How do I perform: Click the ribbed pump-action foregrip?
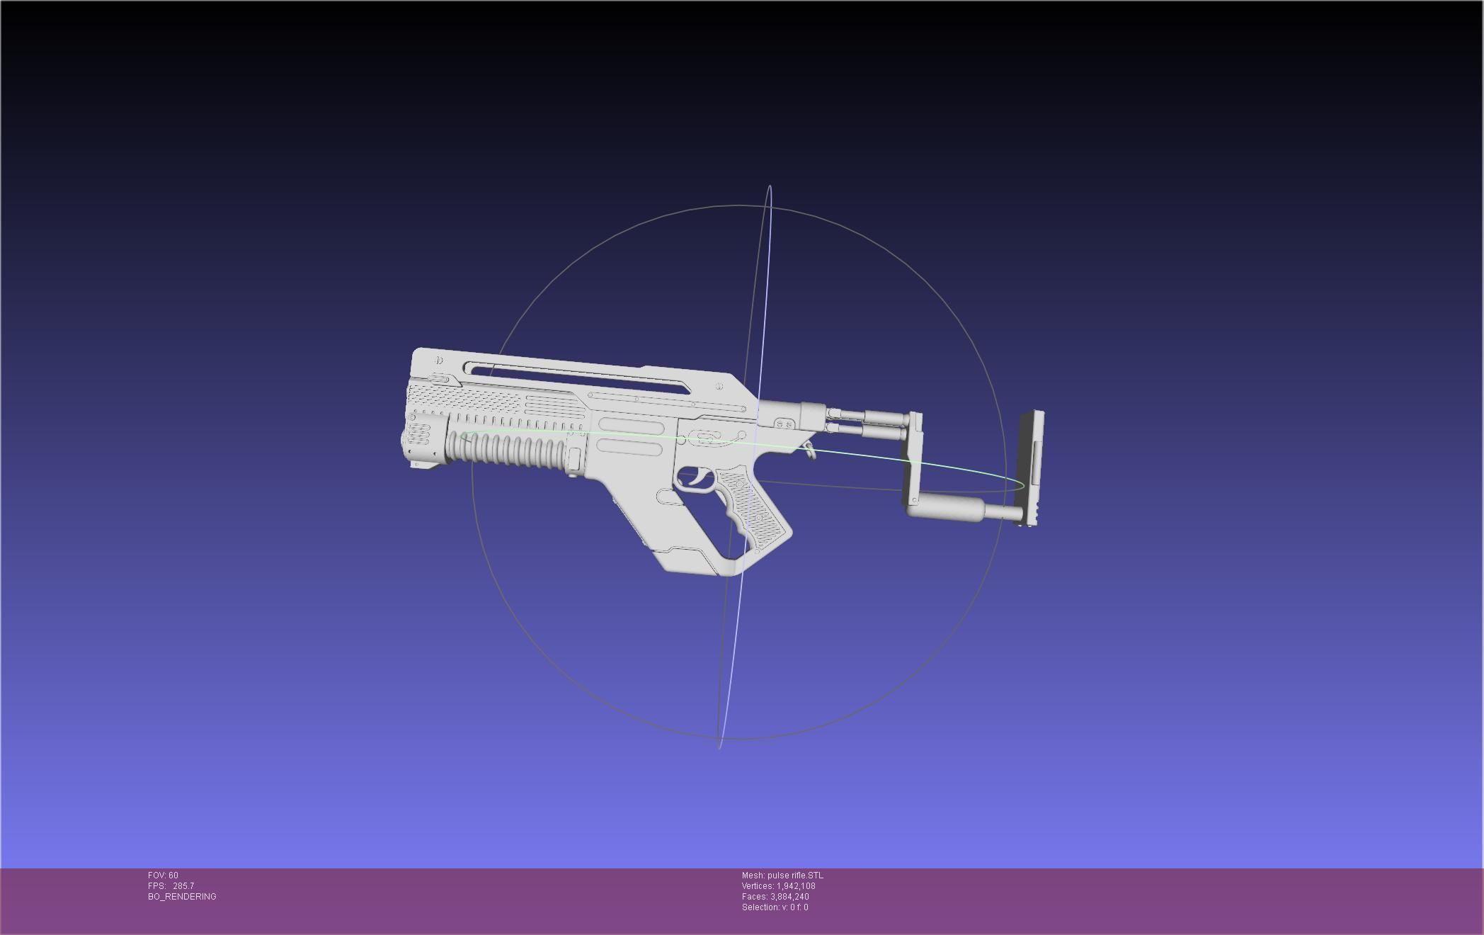(510, 450)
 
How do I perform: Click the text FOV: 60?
(163, 875)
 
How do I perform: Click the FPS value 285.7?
(183, 886)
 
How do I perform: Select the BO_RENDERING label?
(182, 897)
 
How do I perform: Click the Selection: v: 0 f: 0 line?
(775, 907)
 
